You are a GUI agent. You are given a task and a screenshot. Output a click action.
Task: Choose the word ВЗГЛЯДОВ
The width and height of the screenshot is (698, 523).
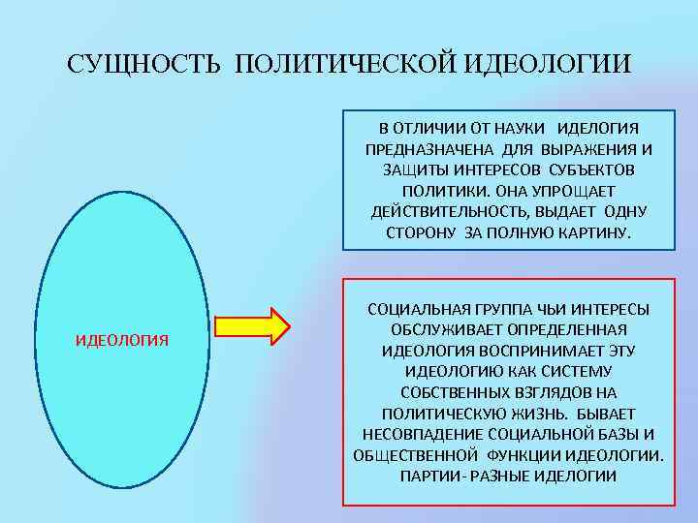click(535, 392)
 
